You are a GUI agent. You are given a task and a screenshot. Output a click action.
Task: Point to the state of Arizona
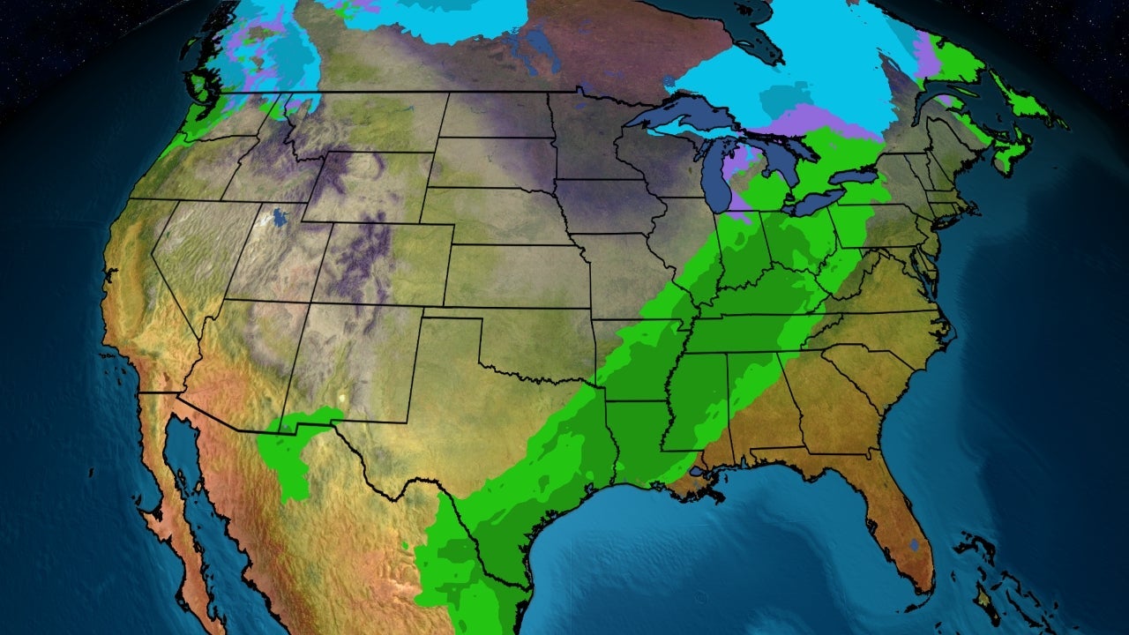click(x=234, y=353)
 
